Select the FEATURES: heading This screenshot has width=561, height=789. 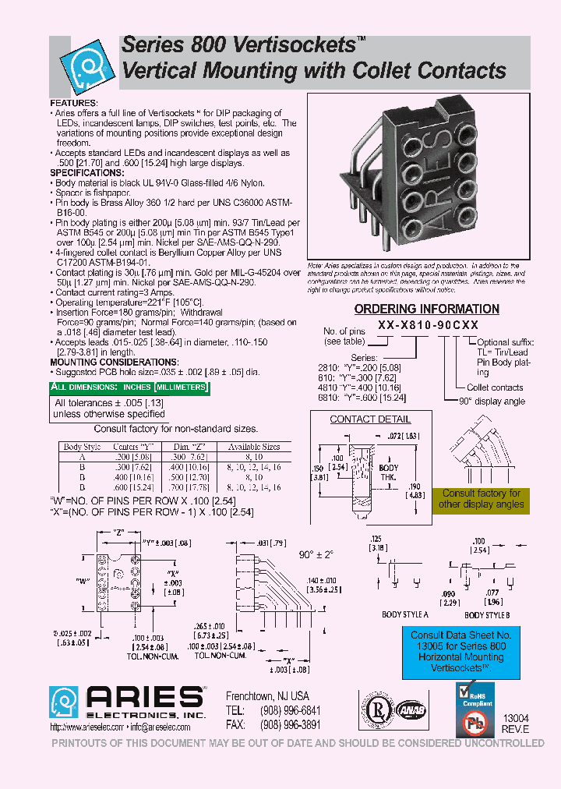pyautogui.click(x=74, y=103)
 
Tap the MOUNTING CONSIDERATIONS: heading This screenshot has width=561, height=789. pyautogui.click(x=114, y=363)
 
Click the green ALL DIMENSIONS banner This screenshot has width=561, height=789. pyautogui.click(x=129, y=387)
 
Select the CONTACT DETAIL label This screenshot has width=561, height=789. pyautogui.click(x=359, y=419)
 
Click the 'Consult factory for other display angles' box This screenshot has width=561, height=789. pyautogui.click(x=481, y=499)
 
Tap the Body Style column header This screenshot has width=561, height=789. pyautogui.click(x=82, y=447)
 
